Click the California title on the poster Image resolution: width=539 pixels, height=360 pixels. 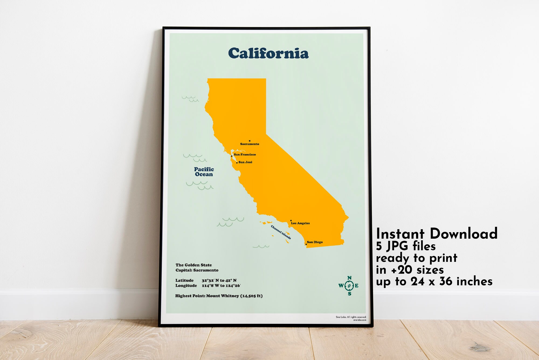(x=268, y=53)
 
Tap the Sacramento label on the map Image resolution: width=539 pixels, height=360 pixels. (x=250, y=144)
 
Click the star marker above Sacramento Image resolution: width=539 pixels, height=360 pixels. (x=250, y=141)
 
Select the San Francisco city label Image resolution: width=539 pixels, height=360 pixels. (x=245, y=155)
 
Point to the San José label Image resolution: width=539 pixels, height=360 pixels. (x=246, y=162)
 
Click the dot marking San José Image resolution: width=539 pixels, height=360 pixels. (x=237, y=163)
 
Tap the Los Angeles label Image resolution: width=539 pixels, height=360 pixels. (x=300, y=223)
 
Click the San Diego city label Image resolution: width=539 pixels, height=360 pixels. (x=315, y=242)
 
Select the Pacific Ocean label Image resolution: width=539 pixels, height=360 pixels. (x=204, y=172)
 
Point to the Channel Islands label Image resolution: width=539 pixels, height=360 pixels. (x=281, y=232)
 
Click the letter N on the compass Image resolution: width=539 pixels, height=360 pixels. (x=349, y=278)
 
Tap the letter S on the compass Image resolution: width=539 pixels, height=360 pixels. (x=350, y=294)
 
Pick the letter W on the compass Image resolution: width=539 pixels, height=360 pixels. (x=341, y=286)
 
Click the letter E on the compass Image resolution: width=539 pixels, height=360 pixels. (x=357, y=286)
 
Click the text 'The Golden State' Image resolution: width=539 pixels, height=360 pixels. (x=194, y=265)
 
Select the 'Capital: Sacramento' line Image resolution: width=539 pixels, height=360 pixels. (x=197, y=270)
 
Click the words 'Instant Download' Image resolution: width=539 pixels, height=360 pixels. (x=437, y=234)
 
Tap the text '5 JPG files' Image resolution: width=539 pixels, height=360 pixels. (x=406, y=246)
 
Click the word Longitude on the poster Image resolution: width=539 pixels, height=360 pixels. (x=186, y=286)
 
